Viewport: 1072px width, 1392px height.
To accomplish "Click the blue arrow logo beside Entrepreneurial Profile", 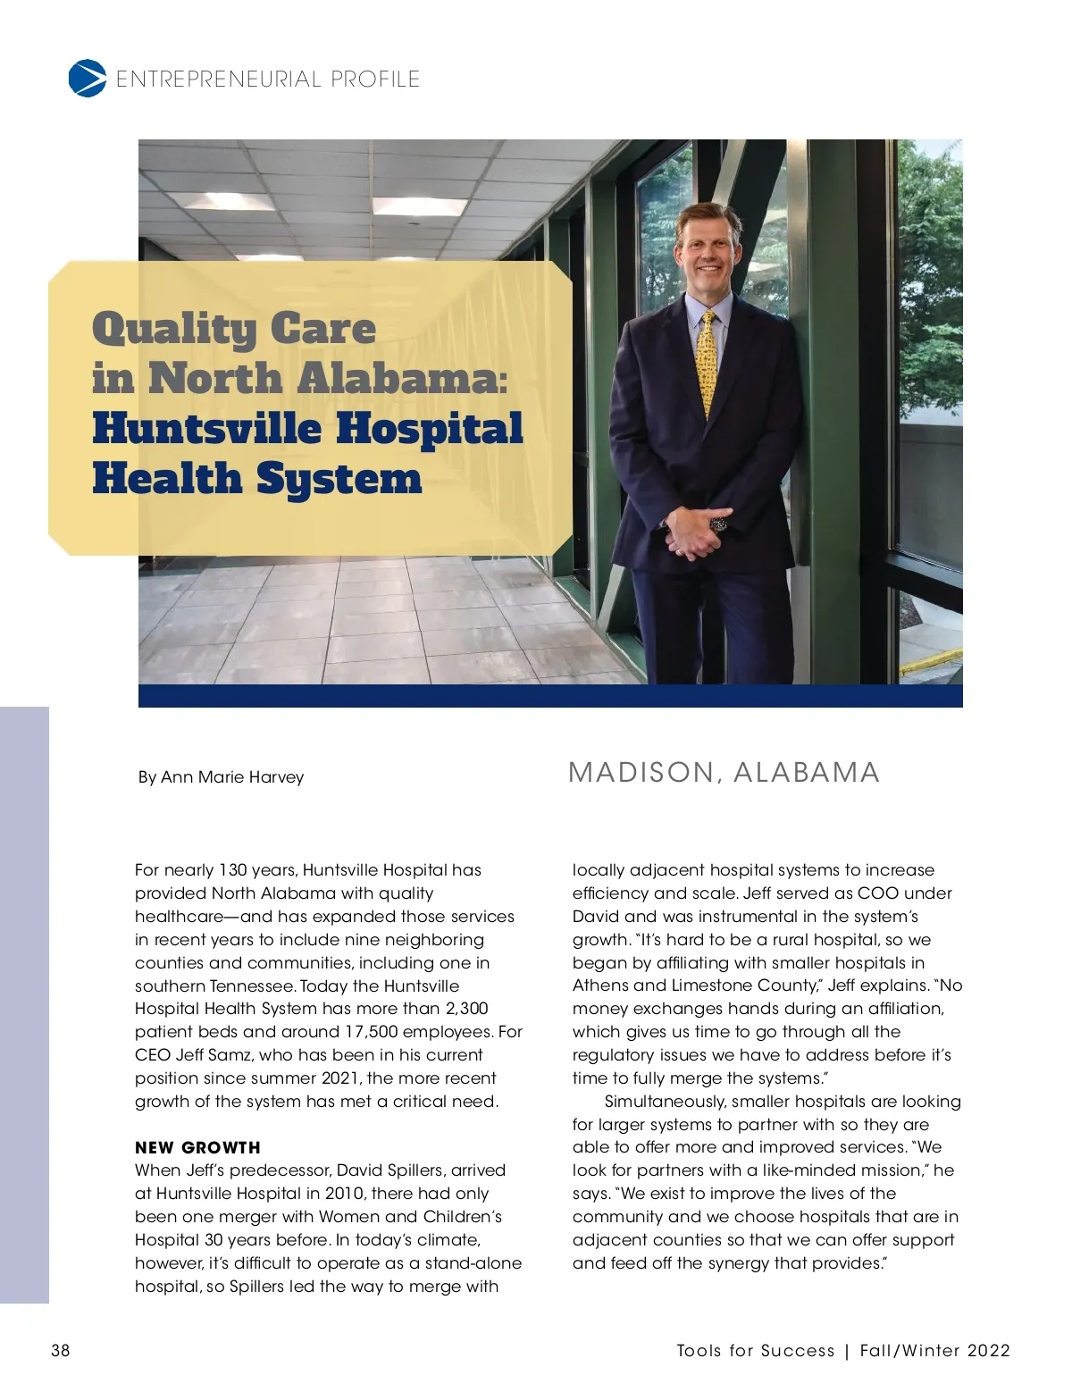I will click(87, 79).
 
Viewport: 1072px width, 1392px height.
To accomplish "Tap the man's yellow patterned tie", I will click(708, 362).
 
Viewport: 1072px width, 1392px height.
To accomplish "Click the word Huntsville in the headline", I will click(206, 428).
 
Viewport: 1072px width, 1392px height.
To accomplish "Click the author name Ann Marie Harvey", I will click(232, 777).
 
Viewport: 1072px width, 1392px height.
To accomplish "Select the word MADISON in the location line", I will click(641, 773).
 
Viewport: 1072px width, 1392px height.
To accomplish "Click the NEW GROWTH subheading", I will click(197, 1147).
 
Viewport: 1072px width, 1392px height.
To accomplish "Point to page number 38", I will click(60, 1350).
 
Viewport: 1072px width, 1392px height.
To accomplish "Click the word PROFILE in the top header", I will click(375, 80).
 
